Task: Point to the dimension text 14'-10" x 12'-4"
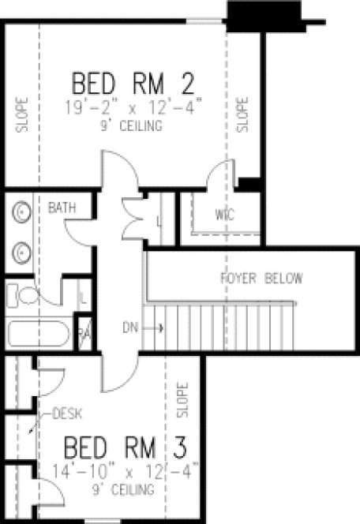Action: click(x=129, y=473)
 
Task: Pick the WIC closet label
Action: click(x=226, y=214)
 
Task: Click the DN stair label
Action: click(x=130, y=327)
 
